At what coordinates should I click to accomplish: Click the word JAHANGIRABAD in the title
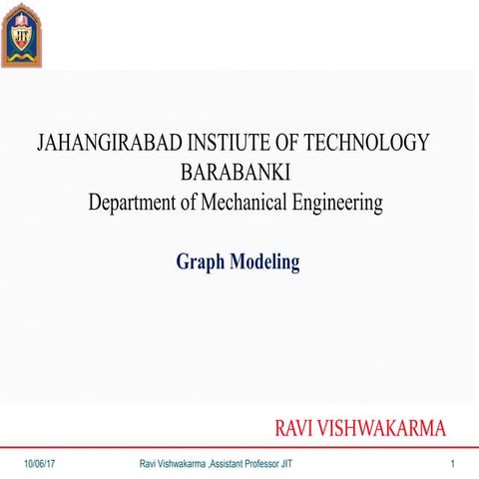pos(103,143)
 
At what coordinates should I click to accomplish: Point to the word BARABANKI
pos(236,173)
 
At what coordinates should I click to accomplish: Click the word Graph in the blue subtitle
pos(201,263)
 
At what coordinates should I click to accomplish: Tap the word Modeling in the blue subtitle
pos(265,263)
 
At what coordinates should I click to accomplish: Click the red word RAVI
pos(296,430)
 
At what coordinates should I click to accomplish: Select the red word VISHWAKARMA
pos(387,430)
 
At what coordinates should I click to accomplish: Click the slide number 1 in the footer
pos(452,465)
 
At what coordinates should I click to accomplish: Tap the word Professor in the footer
pos(260,465)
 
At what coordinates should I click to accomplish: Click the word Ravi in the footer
pos(149,465)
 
